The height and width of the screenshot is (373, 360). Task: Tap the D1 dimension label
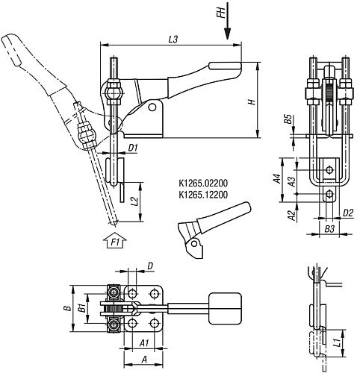coord(133,148)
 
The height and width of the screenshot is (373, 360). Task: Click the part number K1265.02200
coord(202,181)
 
